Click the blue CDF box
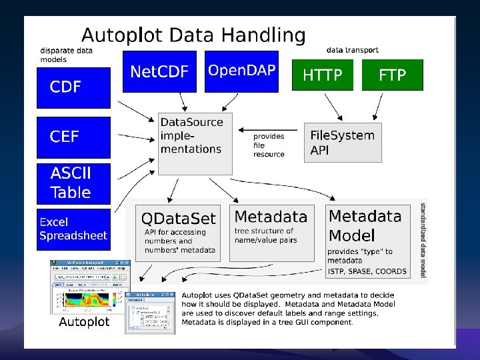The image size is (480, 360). (x=73, y=87)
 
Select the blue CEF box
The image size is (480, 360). (x=73, y=137)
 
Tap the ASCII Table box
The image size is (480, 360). (x=73, y=183)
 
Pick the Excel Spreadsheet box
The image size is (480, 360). (x=73, y=229)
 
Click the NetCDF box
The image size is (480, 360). (x=159, y=71)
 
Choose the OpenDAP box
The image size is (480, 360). (x=241, y=71)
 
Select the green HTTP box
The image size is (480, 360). (x=323, y=75)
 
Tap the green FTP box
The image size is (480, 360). (x=392, y=75)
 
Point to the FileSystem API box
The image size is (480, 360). (x=343, y=142)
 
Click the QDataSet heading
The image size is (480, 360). (x=179, y=218)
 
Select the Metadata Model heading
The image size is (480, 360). (x=365, y=225)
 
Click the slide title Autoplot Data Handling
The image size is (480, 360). (x=193, y=35)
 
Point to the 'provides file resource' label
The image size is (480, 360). (x=269, y=145)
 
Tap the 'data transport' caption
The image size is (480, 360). (x=353, y=50)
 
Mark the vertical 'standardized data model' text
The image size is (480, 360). (x=423, y=240)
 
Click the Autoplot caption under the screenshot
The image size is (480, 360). (x=84, y=322)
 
